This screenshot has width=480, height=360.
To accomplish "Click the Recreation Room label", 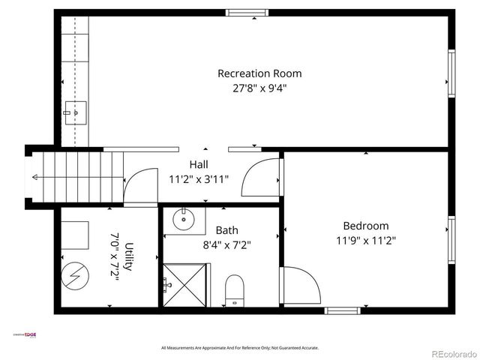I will pyautogui.click(x=259, y=73).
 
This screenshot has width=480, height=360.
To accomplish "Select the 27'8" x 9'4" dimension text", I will pyautogui.click(x=259, y=88).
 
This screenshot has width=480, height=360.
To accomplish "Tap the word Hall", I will pyautogui.click(x=199, y=164).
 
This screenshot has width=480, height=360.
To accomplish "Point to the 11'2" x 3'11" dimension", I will pyautogui.click(x=199, y=179).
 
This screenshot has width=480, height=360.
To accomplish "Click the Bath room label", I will pyautogui.click(x=226, y=230).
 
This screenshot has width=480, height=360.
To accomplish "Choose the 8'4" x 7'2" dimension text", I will pyautogui.click(x=226, y=244).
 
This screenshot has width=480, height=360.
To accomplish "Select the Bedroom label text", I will pyautogui.click(x=365, y=226).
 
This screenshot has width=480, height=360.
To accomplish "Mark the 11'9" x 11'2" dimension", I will pyautogui.click(x=365, y=241).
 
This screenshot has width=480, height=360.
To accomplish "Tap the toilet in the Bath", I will pyautogui.click(x=235, y=290).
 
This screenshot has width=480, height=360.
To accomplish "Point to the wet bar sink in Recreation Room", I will pyautogui.click(x=75, y=113).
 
